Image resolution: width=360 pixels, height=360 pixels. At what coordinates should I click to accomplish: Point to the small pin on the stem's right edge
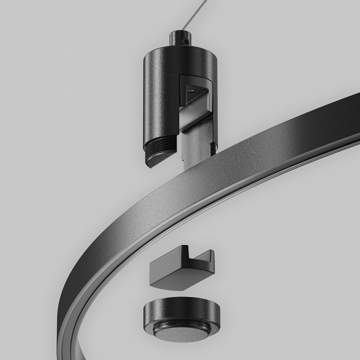(214, 147)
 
